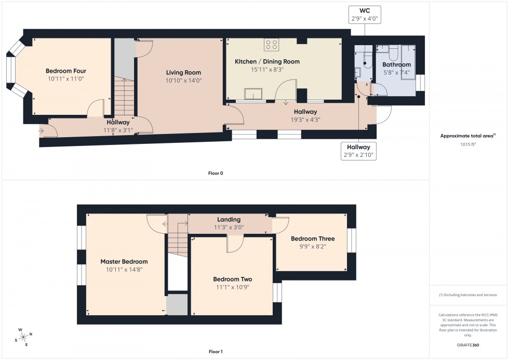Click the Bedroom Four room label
[65, 71]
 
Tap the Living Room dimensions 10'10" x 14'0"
[183, 81]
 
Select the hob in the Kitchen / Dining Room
[271, 45]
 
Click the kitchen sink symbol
[253, 94]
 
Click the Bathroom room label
[396, 64]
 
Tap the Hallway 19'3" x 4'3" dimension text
[305, 119]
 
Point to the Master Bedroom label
[124, 262]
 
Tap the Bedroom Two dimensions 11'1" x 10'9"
[232, 287]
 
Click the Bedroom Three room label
[312, 239]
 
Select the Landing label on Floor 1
[229, 220]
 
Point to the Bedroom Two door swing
[235, 244]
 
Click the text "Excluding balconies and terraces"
[471, 295]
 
